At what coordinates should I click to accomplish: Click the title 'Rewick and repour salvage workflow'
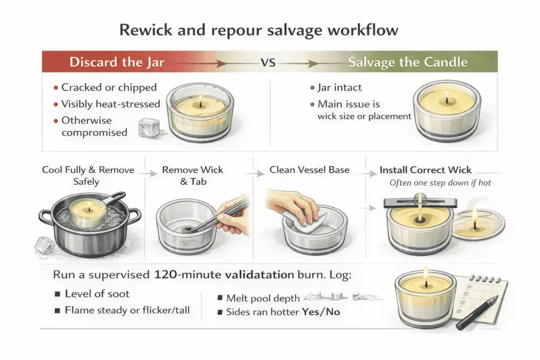click(x=258, y=30)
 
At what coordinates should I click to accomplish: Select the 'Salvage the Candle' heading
click(x=407, y=62)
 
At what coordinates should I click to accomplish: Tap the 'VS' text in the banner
click(x=268, y=62)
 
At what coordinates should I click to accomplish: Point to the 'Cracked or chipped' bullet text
click(x=109, y=87)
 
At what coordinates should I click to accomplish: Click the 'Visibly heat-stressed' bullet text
click(x=110, y=104)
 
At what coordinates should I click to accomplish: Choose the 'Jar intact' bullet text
click(x=340, y=87)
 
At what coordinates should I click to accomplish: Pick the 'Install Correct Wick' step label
click(x=425, y=171)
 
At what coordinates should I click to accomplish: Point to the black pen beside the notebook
click(x=477, y=313)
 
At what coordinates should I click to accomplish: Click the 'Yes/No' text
click(x=321, y=312)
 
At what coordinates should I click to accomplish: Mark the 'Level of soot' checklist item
click(x=97, y=294)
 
